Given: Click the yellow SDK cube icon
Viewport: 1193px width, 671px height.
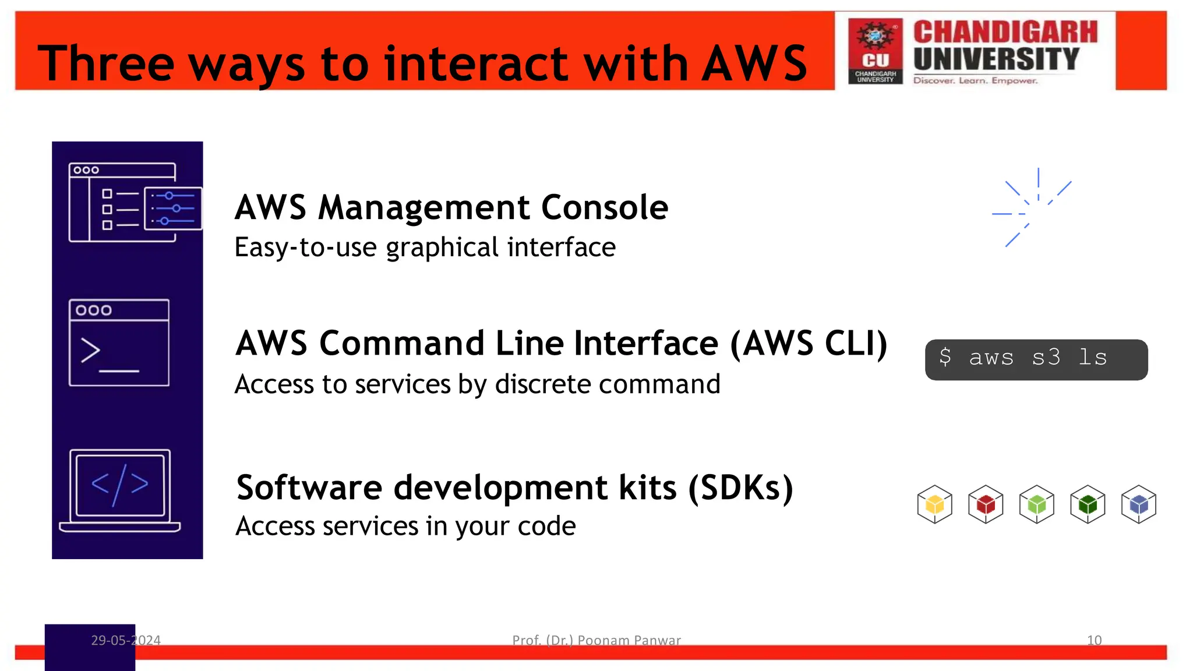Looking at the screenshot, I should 934,504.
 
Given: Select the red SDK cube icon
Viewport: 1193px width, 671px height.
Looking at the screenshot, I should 986,504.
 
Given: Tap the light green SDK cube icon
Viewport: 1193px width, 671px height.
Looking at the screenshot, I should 1037,504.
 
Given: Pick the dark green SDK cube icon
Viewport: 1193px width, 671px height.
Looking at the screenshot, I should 1088,504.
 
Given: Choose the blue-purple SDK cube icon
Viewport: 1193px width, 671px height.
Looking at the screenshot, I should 1139,504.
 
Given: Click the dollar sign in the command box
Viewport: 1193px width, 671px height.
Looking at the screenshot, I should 945,357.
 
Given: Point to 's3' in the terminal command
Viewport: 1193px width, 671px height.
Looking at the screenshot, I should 1046,358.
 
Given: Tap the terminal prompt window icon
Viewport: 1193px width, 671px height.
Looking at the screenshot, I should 119,342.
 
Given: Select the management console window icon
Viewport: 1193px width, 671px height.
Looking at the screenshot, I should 134,202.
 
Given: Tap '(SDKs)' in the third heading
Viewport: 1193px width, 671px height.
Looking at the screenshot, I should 740,488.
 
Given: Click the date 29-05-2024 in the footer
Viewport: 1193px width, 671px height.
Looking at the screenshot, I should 126,640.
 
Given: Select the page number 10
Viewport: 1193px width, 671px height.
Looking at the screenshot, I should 1094,640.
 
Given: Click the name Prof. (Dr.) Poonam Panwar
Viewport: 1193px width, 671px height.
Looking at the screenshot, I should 596,640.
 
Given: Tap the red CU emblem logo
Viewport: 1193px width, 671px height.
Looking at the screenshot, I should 875,51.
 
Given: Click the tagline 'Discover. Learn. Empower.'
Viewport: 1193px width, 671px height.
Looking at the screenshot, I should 975,80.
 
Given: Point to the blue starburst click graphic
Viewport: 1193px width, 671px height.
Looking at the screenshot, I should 1032,209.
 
